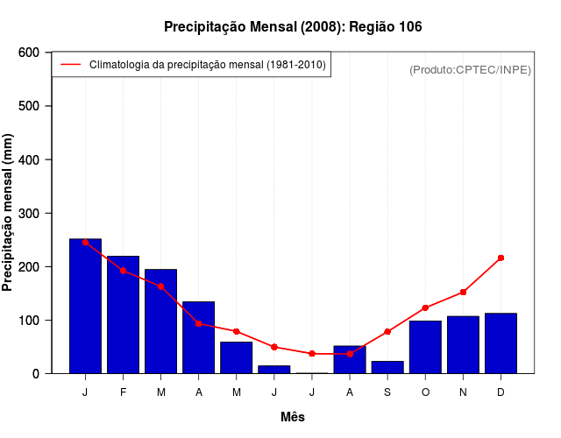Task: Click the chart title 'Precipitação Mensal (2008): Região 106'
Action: click(293, 27)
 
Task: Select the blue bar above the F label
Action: click(123, 314)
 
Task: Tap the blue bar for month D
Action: click(501, 343)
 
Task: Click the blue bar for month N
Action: click(463, 344)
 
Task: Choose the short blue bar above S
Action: click(387, 367)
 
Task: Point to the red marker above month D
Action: click(501, 258)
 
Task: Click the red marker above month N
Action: click(463, 292)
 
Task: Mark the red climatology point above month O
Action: click(425, 307)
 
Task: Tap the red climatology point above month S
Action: click(387, 331)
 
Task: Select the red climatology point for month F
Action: click(123, 271)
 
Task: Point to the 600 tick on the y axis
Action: click(29, 53)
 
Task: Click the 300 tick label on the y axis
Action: click(29, 213)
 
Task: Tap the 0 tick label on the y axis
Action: click(35, 373)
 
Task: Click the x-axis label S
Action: click(387, 392)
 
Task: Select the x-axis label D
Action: click(501, 392)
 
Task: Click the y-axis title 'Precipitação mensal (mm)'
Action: click(9, 213)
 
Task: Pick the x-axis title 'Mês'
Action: click(293, 417)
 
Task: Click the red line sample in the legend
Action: click(70, 65)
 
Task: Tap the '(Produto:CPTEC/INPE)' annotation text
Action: click(470, 69)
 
